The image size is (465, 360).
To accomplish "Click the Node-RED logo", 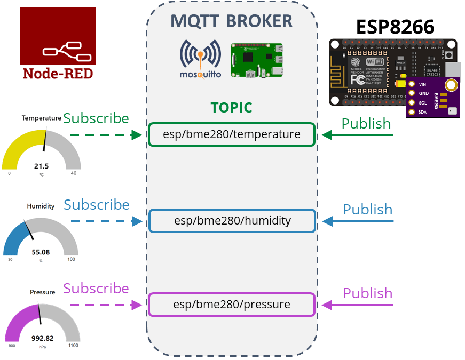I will point(58,45).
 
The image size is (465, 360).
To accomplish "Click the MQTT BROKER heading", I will point(231,21).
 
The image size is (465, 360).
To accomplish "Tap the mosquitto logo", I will point(200,59).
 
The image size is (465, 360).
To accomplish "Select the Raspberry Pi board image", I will point(257,60).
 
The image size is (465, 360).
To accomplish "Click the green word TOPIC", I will point(231,107).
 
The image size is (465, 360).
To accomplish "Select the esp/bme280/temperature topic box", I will point(232,135).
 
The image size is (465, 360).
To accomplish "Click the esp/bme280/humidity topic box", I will point(232,221).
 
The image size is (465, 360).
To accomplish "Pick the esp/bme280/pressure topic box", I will point(232,305).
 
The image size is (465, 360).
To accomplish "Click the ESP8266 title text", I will point(395,26).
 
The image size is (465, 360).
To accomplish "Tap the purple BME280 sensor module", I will point(432,97).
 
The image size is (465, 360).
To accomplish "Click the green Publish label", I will point(366,123).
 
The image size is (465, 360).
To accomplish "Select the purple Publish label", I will point(367,293).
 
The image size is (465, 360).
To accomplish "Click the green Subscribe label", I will point(96,118).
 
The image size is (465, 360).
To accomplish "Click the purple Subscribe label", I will point(96,289).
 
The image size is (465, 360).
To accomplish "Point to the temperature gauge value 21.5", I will point(41,166).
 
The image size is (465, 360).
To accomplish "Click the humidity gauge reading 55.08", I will point(41,252).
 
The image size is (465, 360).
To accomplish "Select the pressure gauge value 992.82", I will point(42,338).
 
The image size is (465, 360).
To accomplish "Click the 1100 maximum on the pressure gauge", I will point(73,346).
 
